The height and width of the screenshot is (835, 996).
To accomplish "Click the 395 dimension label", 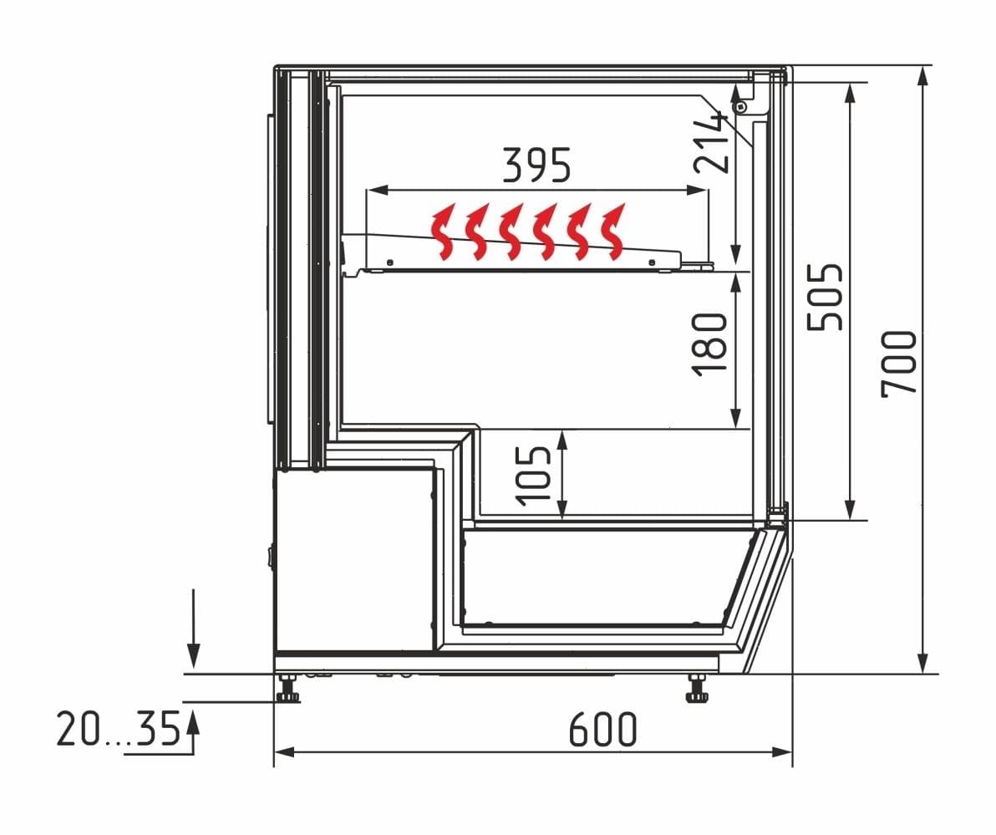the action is pos(536,165).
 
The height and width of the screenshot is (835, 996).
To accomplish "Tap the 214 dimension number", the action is pos(711,142).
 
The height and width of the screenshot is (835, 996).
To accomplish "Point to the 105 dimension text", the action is pos(534,476).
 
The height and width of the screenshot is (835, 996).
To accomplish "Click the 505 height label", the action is pos(826,297).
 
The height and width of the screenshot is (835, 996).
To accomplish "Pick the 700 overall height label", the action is pos(899,364).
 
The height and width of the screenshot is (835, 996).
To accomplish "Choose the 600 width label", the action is pos(602,729).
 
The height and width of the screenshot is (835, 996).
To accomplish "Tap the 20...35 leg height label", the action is pos(119,729).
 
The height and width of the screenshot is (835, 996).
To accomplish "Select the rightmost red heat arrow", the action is pos(612,232).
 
